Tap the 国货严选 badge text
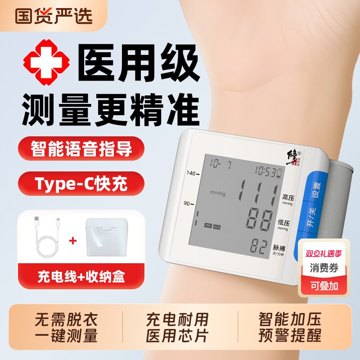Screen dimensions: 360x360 click(x=54, y=15)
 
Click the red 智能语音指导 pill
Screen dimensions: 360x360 click(x=81, y=149)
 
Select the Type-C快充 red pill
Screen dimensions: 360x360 click(x=81, y=184)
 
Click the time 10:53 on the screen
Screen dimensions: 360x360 click(x=267, y=171)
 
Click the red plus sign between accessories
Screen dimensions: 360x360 click(x=72, y=240)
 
